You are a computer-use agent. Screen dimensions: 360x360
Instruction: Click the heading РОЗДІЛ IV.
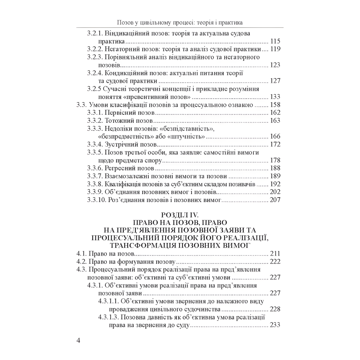180,215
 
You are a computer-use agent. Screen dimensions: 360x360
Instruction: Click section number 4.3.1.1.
109,301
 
